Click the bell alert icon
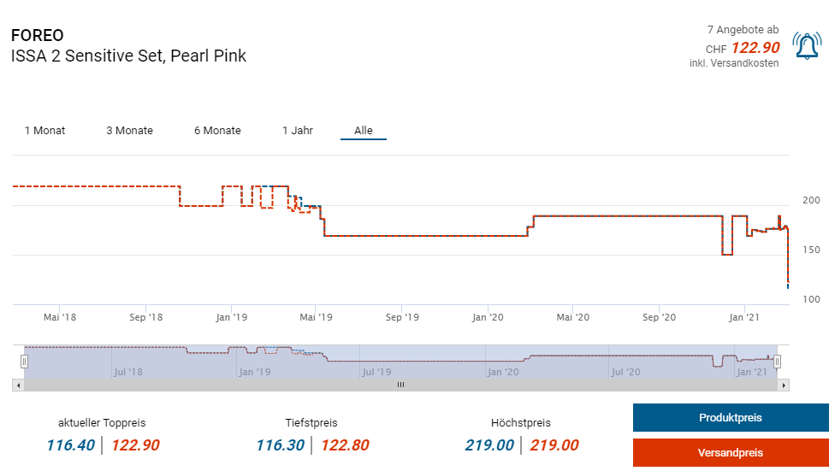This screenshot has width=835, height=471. pyautogui.click(x=807, y=45)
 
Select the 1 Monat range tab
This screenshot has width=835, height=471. pyautogui.click(x=44, y=131)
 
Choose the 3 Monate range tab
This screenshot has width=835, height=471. pyautogui.click(x=129, y=131)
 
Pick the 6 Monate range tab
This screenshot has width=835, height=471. pyautogui.click(x=217, y=131)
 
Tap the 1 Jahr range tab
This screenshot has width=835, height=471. pyautogui.click(x=298, y=131)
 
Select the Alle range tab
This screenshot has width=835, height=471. pyautogui.click(x=364, y=131)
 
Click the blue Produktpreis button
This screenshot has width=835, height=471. pyautogui.click(x=730, y=418)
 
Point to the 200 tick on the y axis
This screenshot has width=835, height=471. pyautogui.click(x=810, y=200)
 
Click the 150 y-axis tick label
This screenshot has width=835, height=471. pyautogui.click(x=810, y=250)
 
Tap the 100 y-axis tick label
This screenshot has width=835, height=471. pyautogui.click(x=810, y=299)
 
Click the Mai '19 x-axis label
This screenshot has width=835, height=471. pyautogui.click(x=316, y=317)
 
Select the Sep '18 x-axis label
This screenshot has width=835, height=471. pyautogui.click(x=145, y=317)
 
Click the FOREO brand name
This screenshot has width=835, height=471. pyautogui.click(x=37, y=36)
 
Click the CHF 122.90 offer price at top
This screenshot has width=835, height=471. pyautogui.click(x=755, y=48)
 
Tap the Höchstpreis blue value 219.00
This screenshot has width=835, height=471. pyautogui.click(x=489, y=445)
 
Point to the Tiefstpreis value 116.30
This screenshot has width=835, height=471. pyautogui.click(x=280, y=445)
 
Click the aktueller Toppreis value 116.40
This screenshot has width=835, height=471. pyautogui.click(x=70, y=445)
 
